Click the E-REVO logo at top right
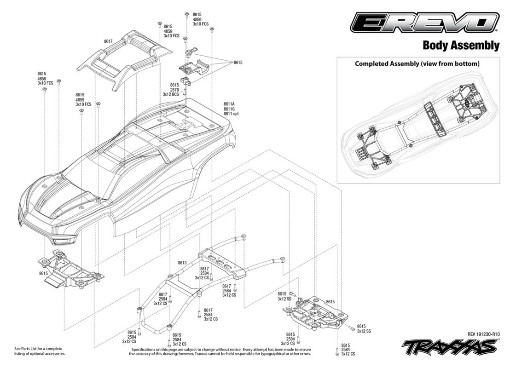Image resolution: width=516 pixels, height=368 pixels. click(424, 23)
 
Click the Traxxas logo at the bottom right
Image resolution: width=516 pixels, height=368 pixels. click(450, 346)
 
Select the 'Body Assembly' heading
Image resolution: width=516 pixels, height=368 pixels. click(461, 45)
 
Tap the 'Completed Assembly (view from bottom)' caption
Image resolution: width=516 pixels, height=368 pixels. click(417, 63)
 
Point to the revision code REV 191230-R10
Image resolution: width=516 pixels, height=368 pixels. click(483, 334)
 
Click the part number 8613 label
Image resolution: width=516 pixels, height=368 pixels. click(182, 263)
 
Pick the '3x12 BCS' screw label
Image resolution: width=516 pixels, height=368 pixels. click(171, 94)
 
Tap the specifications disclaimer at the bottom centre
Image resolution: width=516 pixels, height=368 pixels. click(220, 351)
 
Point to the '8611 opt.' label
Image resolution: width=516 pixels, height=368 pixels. click(232, 114)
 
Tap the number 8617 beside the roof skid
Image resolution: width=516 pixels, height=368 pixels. click(108, 41)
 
